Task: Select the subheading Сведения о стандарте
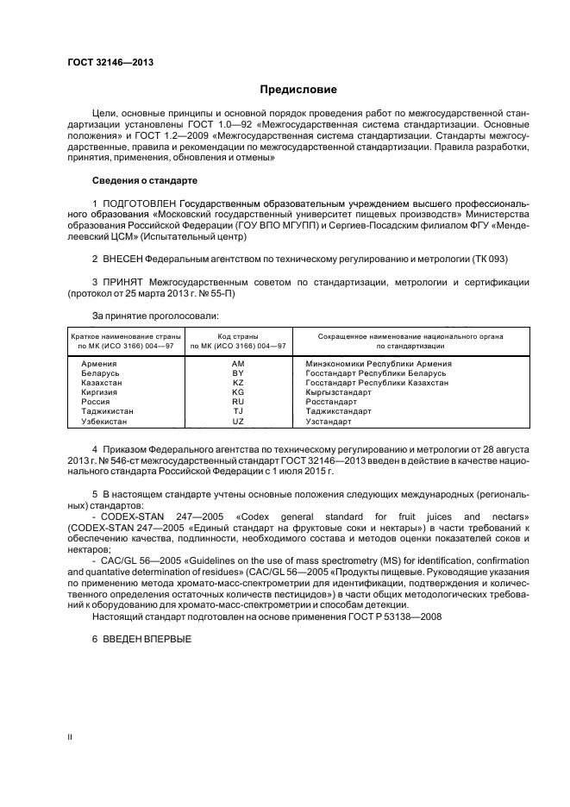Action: (x=145, y=181)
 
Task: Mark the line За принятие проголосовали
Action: (x=149, y=316)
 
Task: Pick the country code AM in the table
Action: (x=238, y=364)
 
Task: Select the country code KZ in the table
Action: (x=238, y=383)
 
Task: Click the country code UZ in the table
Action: (x=238, y=422)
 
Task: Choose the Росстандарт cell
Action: (x=331, y=402)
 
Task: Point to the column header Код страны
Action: (x=238, y=335)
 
